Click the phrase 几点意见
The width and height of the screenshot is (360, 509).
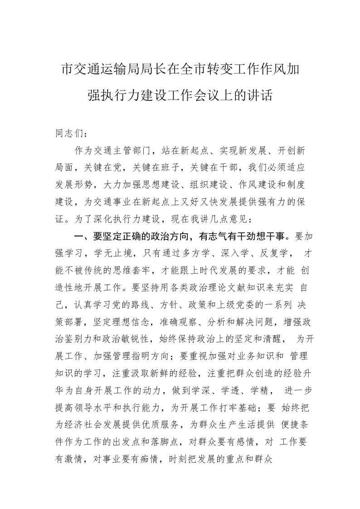click(228, 219)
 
